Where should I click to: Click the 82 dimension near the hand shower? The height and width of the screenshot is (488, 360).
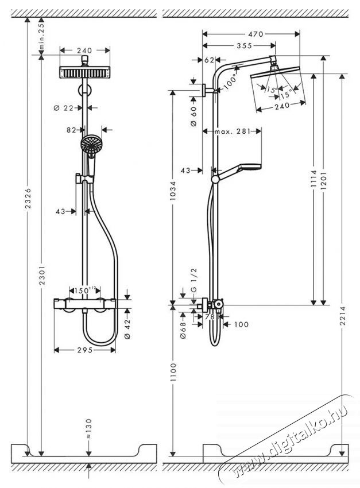click(x=71, y=130)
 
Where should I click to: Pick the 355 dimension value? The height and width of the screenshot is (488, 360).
click(x=234, y=46)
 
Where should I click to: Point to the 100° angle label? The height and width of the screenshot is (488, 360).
click(x=230, y=81)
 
